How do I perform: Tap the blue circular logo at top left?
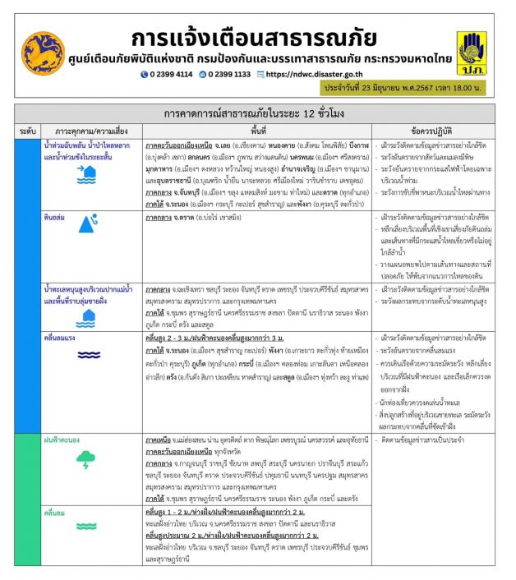point(43,52)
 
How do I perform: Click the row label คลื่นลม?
point(54,513)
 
